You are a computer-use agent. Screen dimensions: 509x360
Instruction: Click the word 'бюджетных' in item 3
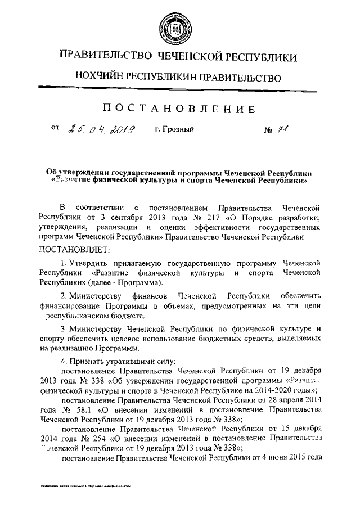tap(224, 340)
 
